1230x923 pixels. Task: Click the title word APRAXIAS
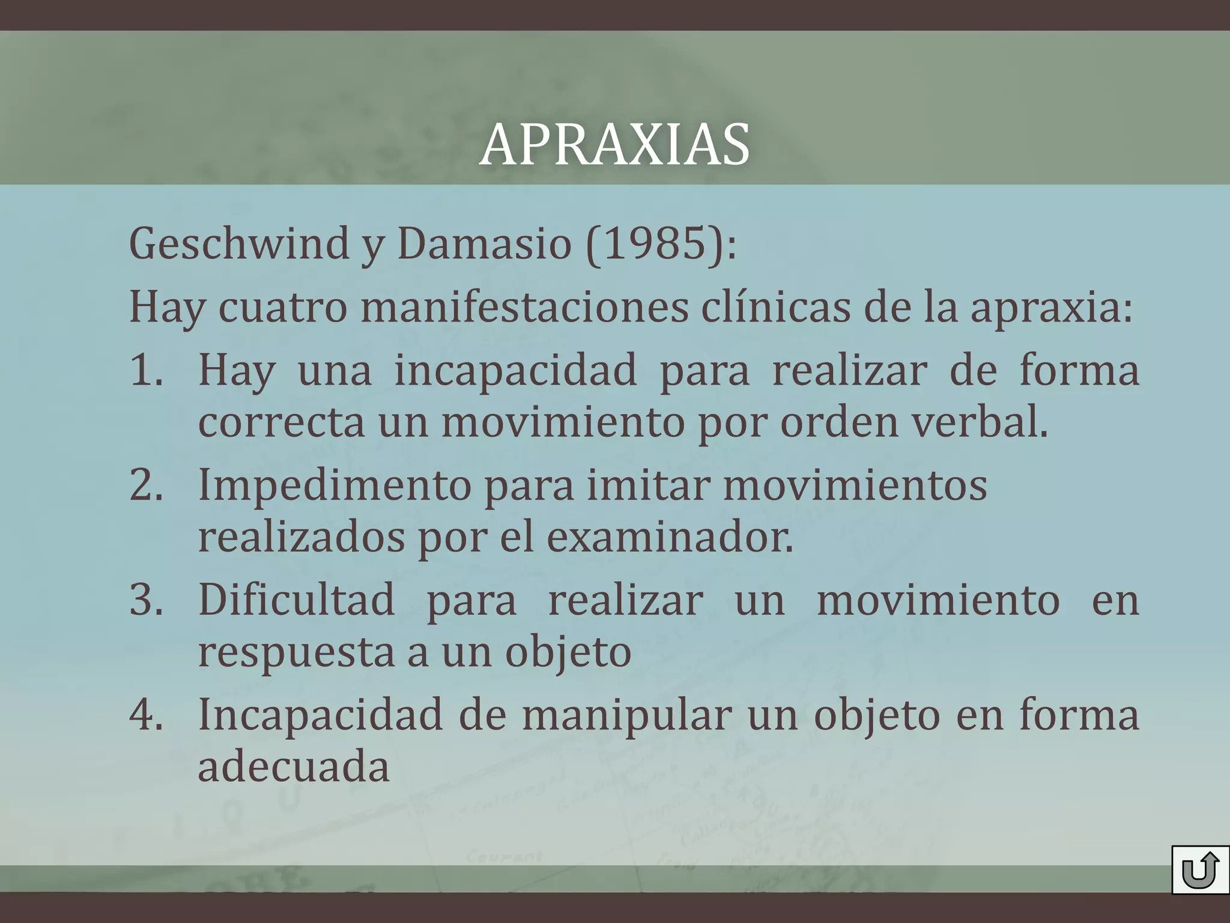614,145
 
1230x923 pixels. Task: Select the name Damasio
483,244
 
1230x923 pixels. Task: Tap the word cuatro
282,307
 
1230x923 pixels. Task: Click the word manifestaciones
524,307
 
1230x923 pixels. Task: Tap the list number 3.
146,600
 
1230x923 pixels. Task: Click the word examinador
670,537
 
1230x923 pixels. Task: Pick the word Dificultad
297,600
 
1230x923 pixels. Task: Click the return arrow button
1199,870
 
